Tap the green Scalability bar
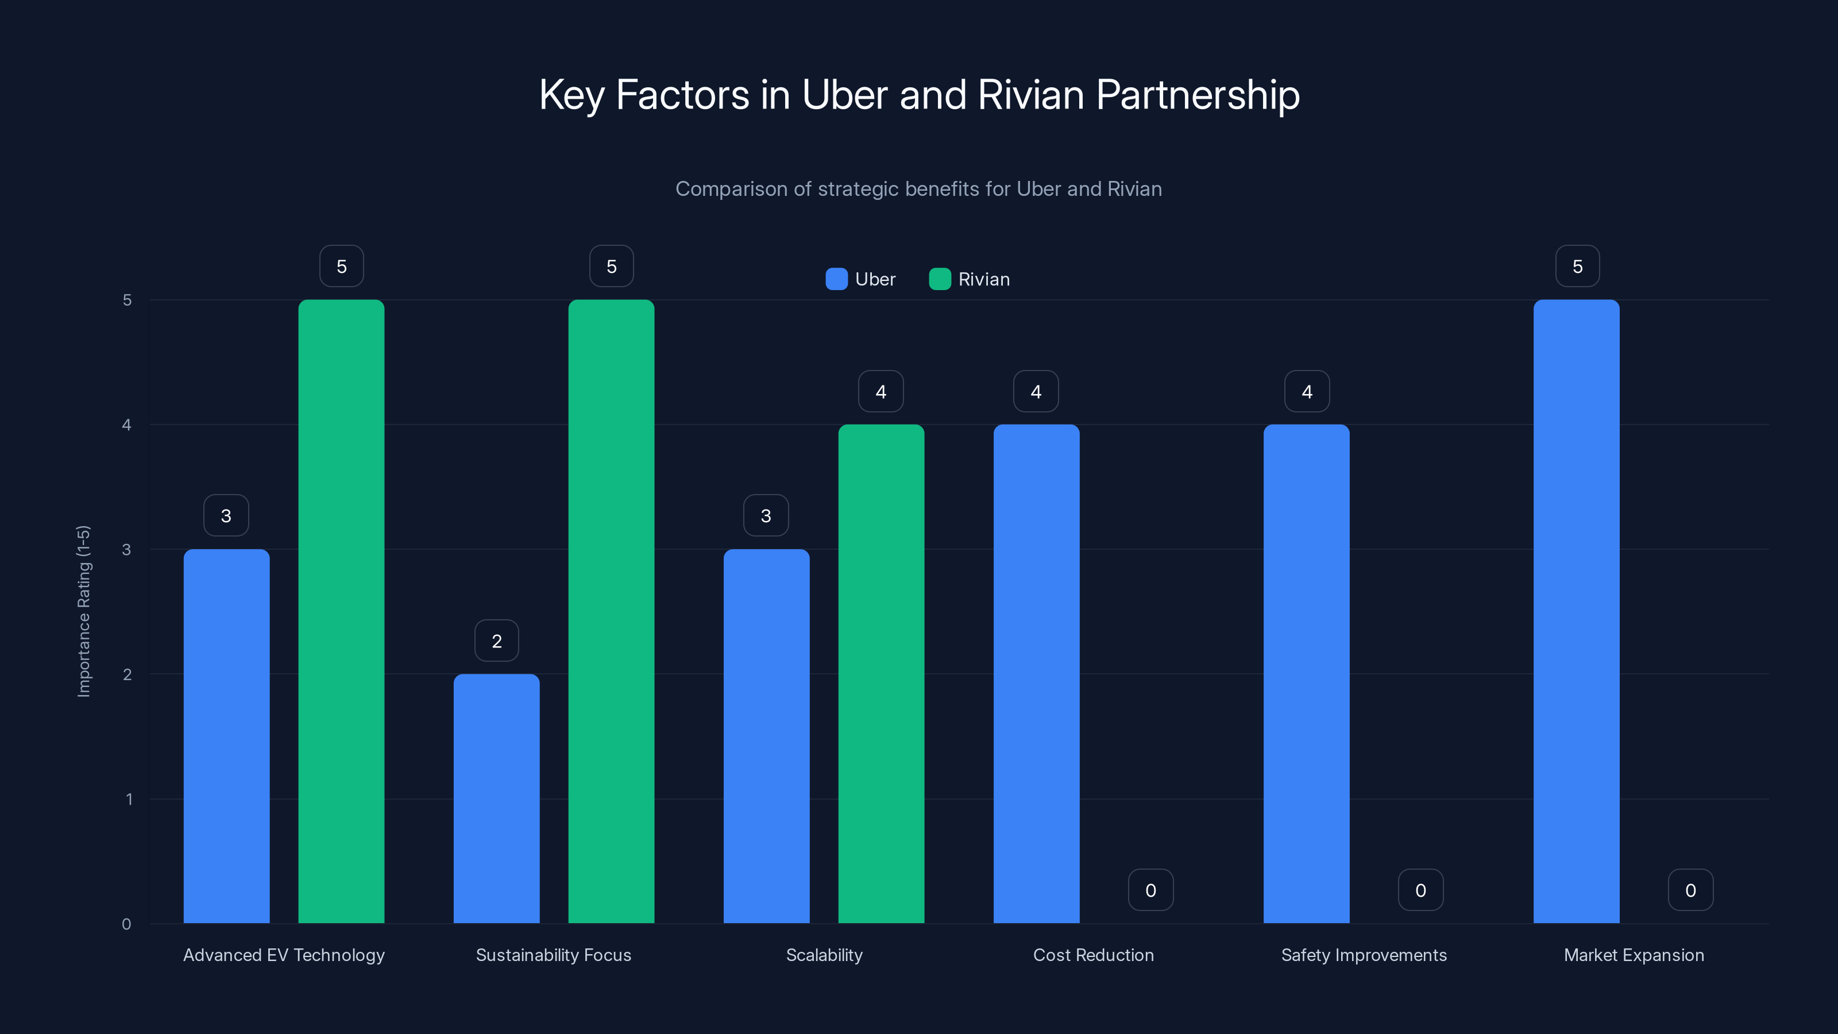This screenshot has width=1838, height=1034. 881,674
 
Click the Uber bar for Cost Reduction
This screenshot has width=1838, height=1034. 1036,674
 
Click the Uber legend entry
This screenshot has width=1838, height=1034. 860,279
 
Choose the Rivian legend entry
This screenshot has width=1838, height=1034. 970,279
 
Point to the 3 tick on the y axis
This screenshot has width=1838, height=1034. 126,550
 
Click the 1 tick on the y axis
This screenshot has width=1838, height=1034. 129,799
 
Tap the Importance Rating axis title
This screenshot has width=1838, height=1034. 83,611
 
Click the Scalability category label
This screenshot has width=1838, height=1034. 824,955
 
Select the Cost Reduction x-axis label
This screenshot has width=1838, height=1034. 1093,955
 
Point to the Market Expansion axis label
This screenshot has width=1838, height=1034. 1634,955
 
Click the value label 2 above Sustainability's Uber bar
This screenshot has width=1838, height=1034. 497,641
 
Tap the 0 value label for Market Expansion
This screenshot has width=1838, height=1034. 1690,890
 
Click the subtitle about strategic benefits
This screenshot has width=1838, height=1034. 918,189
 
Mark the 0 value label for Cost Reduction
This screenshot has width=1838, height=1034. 1150,890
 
